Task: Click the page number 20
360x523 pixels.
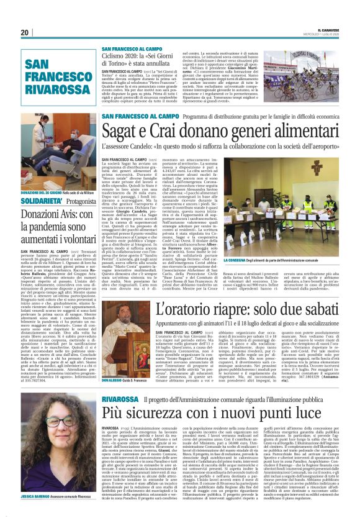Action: click(x=25, y=32)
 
